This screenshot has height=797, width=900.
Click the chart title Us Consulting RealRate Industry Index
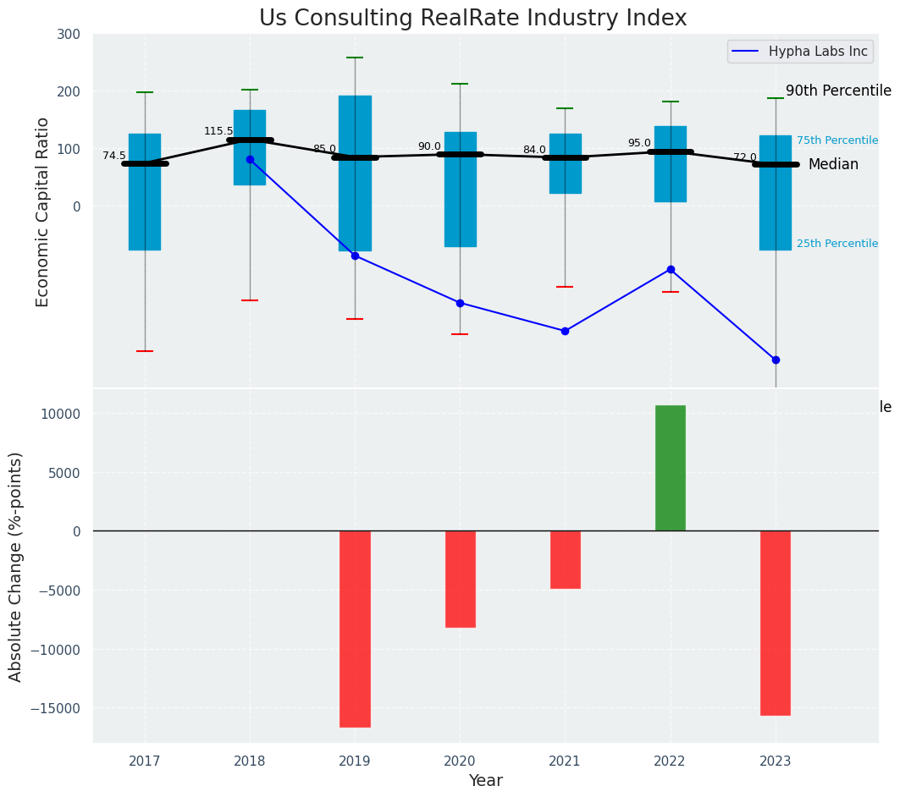[x=472, y=19]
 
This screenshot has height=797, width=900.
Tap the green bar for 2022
[x=671, y=468]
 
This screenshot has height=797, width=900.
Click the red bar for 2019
[x=355, y=629]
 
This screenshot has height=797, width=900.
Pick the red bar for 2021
[x=565, y=559]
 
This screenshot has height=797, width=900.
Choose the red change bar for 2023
[x=775, y=623]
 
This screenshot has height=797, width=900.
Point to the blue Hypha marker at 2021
[x=565, y=331]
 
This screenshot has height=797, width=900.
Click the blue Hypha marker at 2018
[x=250, y=159]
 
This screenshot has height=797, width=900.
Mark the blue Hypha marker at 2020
[x=460, y=303]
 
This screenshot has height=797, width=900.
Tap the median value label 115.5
[x=218, y=131]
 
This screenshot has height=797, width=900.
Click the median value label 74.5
[x=114, y=156]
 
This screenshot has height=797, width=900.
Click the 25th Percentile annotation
[x=837, y=244]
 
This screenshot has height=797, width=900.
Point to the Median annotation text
[x=833, y=164]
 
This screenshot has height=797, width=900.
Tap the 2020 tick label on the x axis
[x=460, y=761]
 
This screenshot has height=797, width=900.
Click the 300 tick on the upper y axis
[x=69, y=34]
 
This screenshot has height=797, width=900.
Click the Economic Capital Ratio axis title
[x=43, y=212]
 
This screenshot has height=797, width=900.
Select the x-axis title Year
[x=486, y=781]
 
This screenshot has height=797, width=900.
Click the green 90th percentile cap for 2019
[x=355, y=58]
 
